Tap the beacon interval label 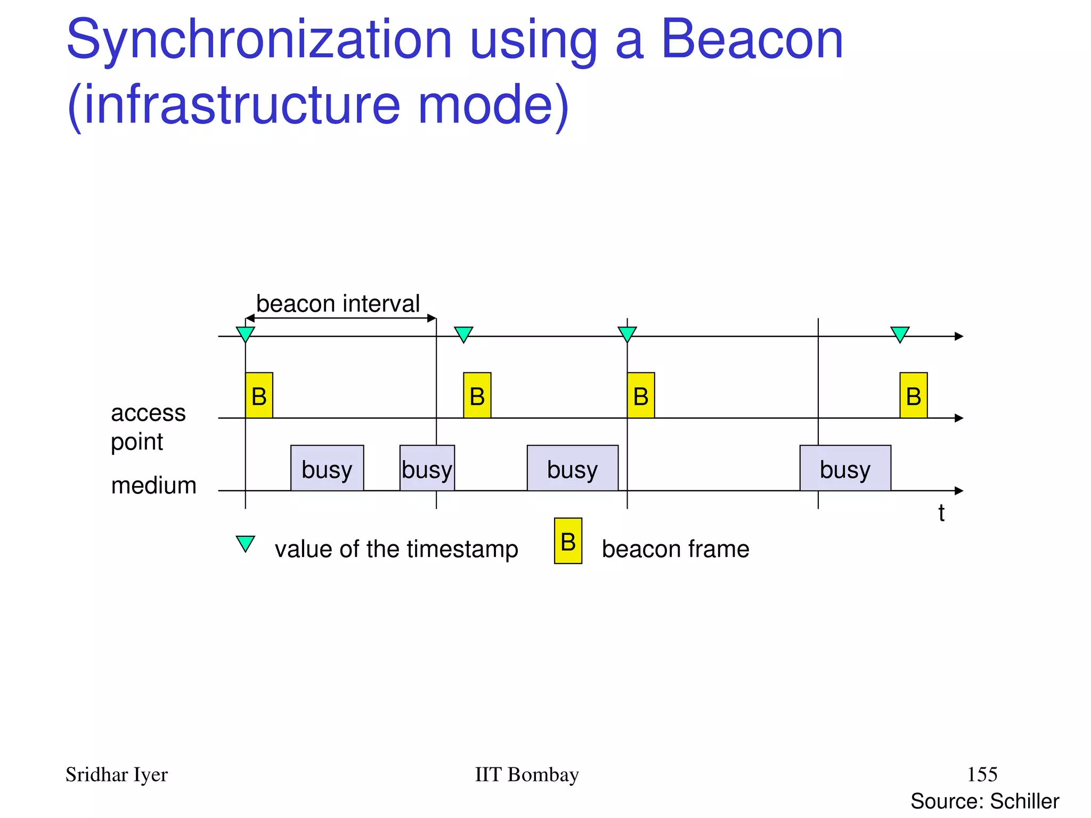[x=338, y=304]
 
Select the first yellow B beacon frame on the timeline [x=259, y=396]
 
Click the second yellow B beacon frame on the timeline [x=477, y=396]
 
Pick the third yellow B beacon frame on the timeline [x=641, y=396]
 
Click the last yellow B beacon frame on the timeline [x=914, y=396]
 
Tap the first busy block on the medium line [x=327, y=468]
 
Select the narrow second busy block [x=427, y=468]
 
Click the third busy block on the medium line [x=573, y=468]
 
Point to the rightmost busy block [x=845, y=468]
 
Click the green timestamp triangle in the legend [x=246, y=543]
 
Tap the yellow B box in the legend [x=568, y=541]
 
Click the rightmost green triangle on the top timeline [x=900, y=334]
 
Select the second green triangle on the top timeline [x=463, y=334]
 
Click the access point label [x=148, y=427]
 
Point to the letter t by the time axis [x=941, y=513]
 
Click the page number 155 [x=982, y=774]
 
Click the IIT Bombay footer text [x=526, y=774]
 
